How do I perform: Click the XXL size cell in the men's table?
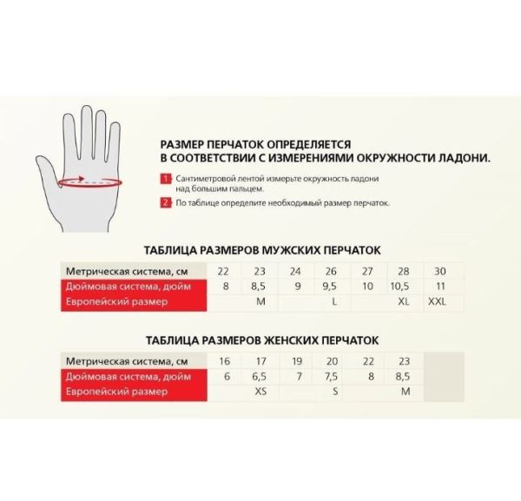[439, 301]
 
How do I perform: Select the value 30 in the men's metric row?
[439, 270]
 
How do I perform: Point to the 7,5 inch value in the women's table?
[331, 377]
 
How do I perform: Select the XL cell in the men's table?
[403, 301]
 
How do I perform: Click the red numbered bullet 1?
[165, 178]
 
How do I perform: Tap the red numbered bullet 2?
[165, 202]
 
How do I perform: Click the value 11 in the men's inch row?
[439, 286]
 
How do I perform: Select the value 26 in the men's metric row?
[331, 270]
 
